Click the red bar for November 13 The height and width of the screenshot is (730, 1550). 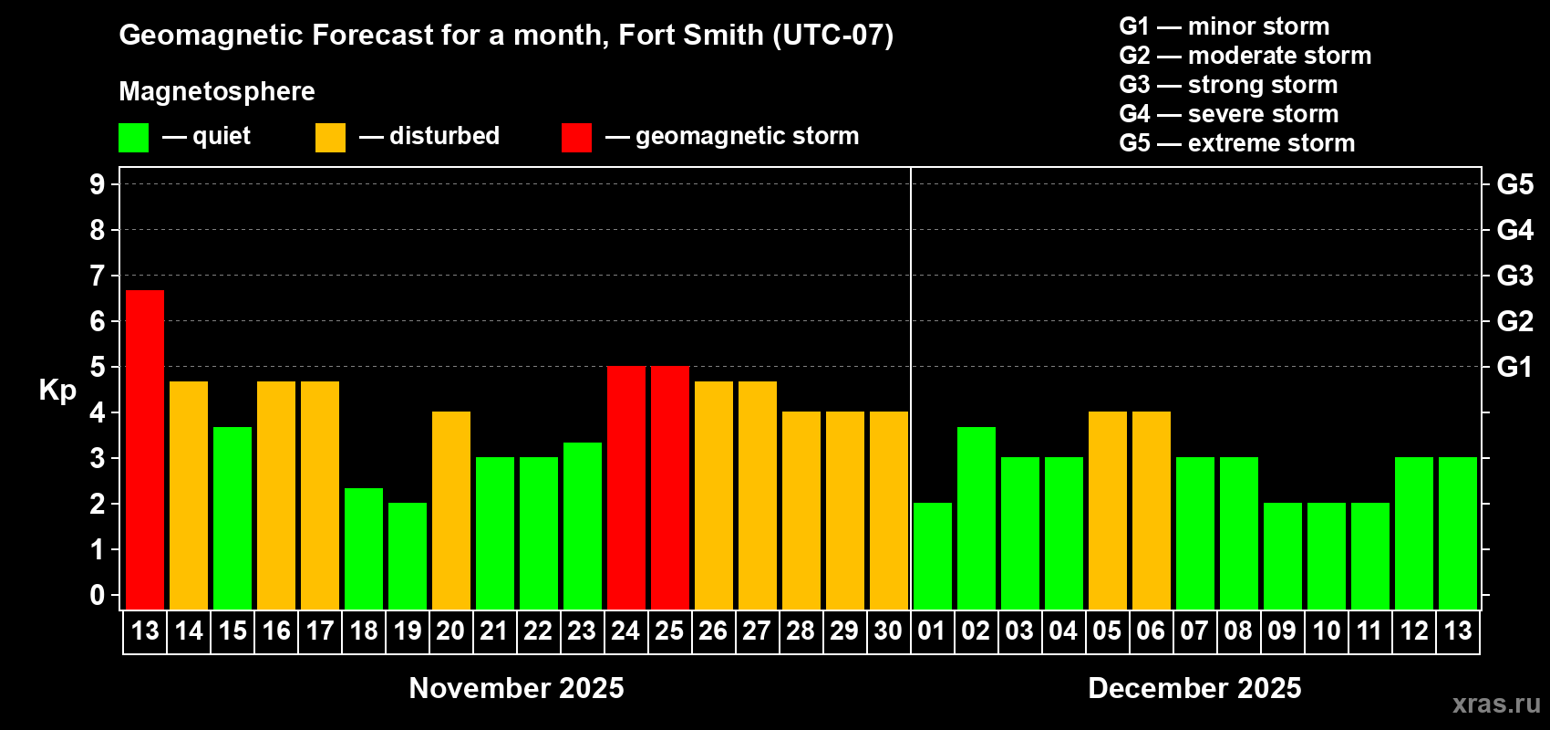tap(145, 449)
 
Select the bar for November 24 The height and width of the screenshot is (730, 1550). tap(626, 487)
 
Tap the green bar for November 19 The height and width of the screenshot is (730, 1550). tap(408, 556)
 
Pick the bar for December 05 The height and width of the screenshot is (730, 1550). tap(1108, 510)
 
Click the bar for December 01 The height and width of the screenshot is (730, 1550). tap(933, 556)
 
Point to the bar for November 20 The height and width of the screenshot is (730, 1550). tap(451, 510)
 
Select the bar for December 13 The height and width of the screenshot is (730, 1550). tap(1458, 533)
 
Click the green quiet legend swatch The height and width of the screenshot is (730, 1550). tap(134, 138)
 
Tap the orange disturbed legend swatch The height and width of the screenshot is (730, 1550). tap(330, 138)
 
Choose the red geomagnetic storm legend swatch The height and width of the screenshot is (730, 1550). tap(576, 138)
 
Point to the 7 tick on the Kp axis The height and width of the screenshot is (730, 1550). tap(98, 276)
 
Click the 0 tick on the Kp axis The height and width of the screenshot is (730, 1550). tap(98, 596)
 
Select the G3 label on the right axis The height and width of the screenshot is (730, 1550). tap(1514, 276)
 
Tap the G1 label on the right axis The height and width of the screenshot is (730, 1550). tap(1514, 367)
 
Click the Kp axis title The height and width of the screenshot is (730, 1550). tap(57, 391)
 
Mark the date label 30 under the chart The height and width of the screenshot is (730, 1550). tap(888, 631)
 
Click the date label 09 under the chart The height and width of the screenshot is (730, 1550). tap(1282, 631)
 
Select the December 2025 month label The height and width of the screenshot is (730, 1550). tap(1194, 688)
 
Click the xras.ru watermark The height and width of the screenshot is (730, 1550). tap(1496, 704)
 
